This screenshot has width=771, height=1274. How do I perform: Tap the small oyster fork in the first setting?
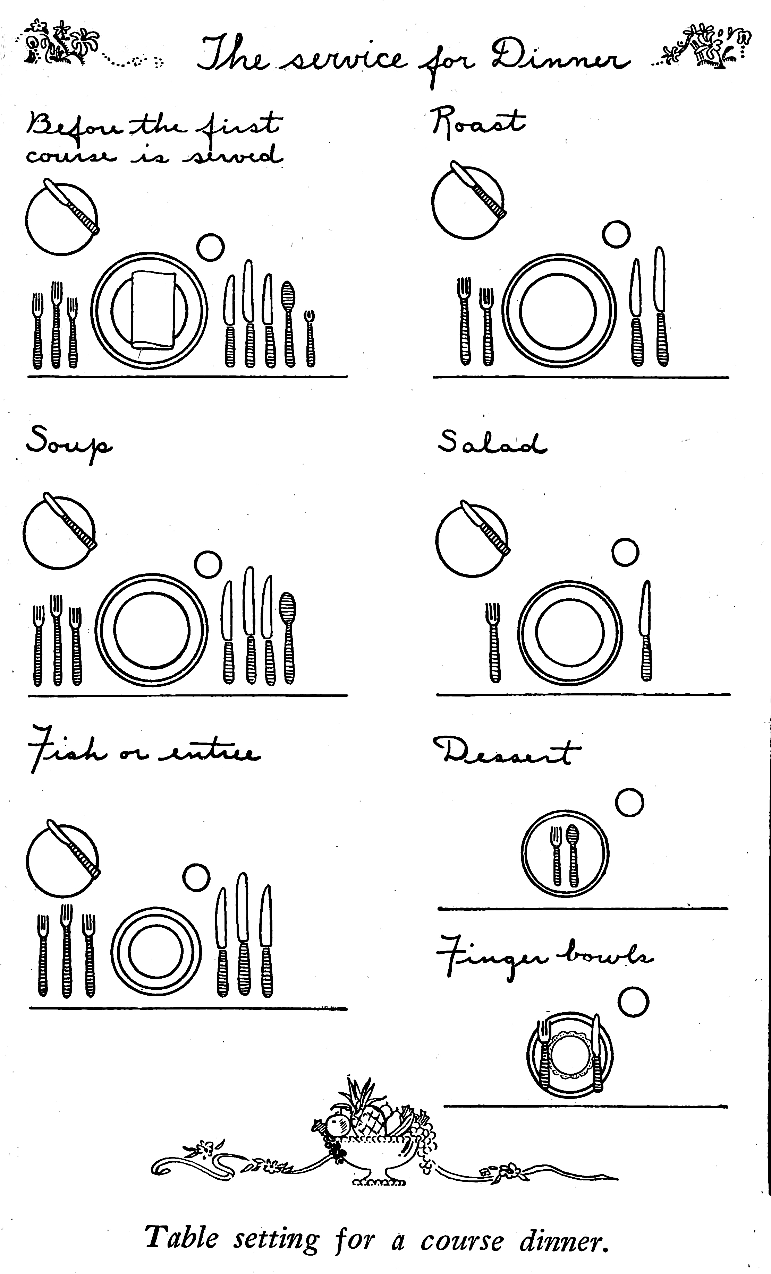coord(310,339)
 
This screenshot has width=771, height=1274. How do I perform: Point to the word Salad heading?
coord(492,443)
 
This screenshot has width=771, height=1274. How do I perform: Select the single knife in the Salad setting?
coord(646,630)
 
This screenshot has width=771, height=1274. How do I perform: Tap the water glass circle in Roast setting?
coord(616,234)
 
